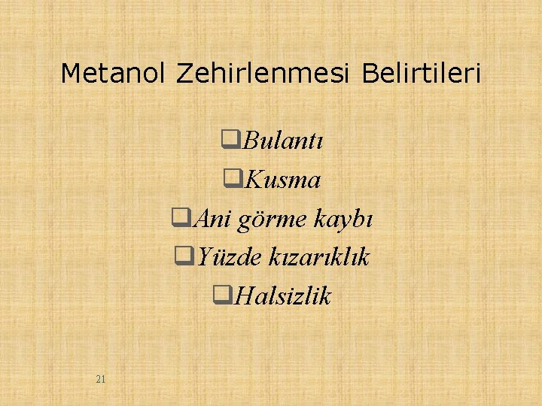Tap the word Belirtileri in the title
[422, 74]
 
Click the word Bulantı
[283, 141]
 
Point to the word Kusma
[283, 180]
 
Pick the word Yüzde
[222, 258]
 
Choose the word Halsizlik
[282, 297]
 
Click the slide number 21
[101, 379]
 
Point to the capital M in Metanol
[69, 74]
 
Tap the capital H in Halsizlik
[242, 297]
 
